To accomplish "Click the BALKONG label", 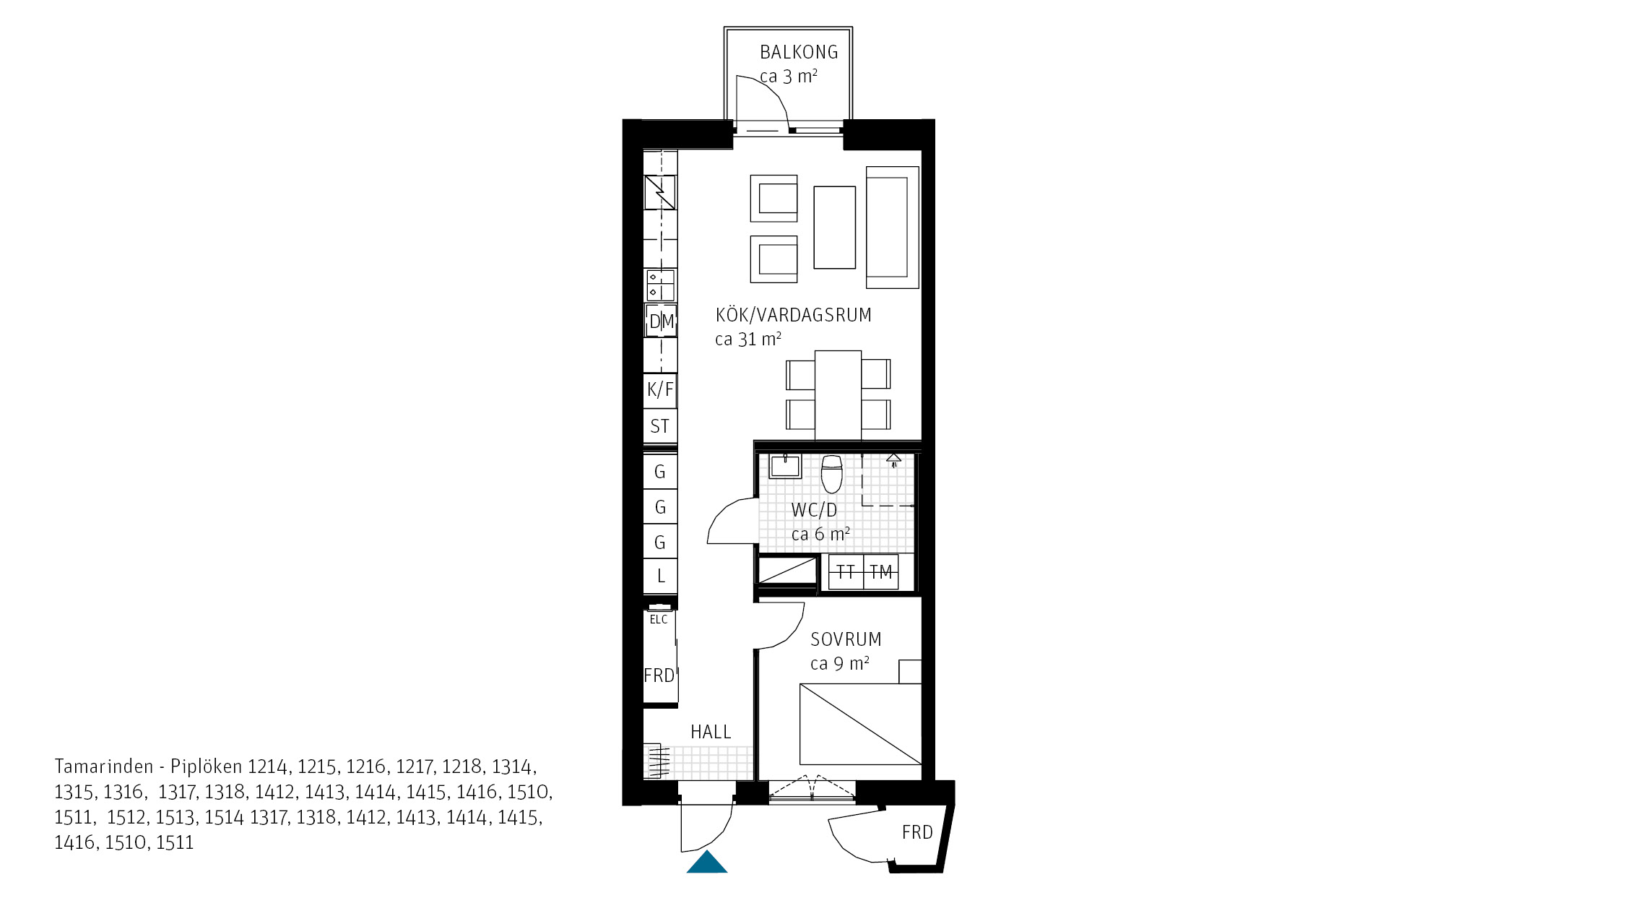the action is [799, 52].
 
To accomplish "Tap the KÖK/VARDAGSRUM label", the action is [793, 315].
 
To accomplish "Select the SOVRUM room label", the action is [846, 639].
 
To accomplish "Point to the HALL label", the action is [711, 732].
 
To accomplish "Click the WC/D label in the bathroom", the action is [814, 510].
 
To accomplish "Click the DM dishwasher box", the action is [661, 321].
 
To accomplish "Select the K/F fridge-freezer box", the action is [660, 390].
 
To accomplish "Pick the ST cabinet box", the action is [660, 426].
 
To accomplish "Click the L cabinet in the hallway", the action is [660, 576].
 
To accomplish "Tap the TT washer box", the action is [846, 572].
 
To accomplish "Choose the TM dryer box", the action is [881, 572].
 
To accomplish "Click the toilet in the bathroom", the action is [832, 473].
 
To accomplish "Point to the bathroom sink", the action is [785, 466].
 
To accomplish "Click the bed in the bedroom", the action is [860, 724].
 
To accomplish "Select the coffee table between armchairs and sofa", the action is [835, 228].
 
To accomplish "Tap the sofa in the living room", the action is [893, 228].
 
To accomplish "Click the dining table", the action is [838, 395].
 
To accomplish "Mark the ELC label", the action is [659, 619].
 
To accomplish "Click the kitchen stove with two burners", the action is [661, 285].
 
